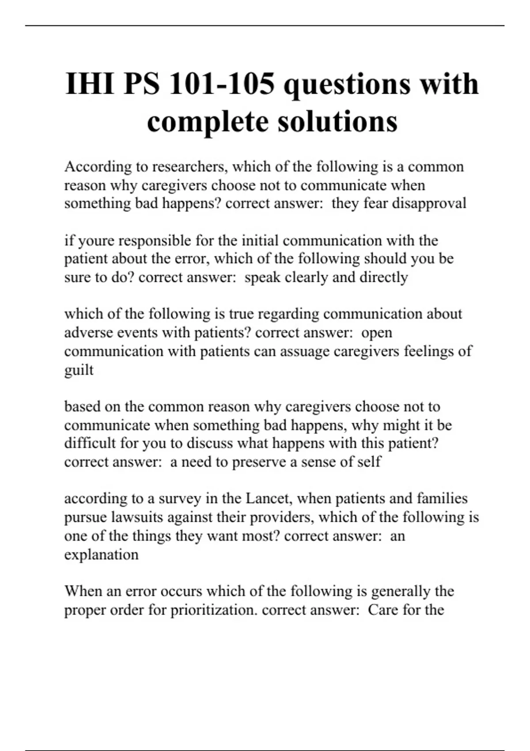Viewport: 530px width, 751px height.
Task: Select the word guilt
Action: click(79, 370)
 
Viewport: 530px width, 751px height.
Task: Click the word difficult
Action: click(90, 443)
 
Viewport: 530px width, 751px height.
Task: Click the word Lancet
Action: click(268, 498)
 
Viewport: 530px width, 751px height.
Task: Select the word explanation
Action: click(101, 554)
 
